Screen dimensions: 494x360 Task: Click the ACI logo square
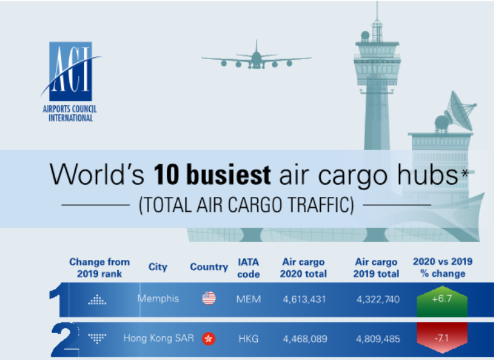click(71, 71)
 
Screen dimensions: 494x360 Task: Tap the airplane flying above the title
click(256, 57)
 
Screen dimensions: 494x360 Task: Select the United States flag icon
click(209, 298)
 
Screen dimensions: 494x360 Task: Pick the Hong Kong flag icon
click(209, 339)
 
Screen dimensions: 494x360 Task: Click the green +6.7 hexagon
click(442, 301)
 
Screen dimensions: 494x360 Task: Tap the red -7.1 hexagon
click(442, 338)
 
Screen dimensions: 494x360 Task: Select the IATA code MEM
click(248, 299)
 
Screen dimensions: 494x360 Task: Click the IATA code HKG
click(248, 339)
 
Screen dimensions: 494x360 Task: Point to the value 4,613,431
click(304, 299)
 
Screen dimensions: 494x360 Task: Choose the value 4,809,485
click(378, 339)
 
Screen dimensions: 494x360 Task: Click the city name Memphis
click(158, 298)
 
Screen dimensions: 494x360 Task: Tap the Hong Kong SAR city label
click(158, 338)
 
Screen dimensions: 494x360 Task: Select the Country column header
click(209, 267)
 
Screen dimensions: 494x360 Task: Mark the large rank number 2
click(65, 339)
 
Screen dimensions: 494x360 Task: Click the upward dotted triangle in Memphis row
click(97, 300)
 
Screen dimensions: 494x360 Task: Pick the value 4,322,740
click(378, 299)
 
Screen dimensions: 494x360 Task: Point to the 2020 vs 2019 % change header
click(443, 268)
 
